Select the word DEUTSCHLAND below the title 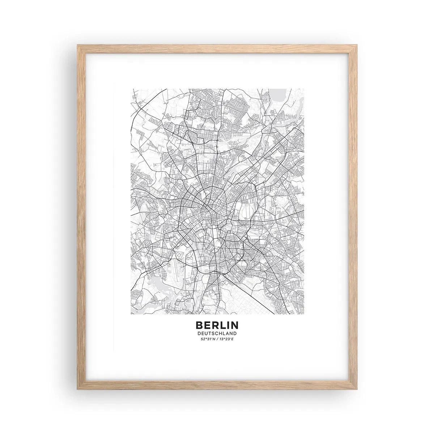(x=217, y=333)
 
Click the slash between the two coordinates (x=217, y=339)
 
